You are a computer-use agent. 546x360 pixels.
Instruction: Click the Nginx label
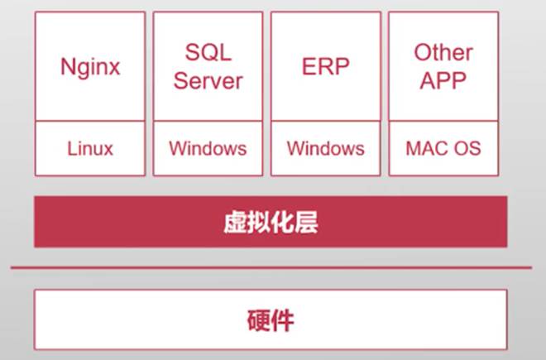click(89, 66)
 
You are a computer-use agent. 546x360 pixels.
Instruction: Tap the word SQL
click(208, 53)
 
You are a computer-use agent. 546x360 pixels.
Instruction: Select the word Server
click(208, 81)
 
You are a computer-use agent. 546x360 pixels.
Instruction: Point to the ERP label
click(325, 66)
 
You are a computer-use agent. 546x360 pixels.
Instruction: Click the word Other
click(443, 53)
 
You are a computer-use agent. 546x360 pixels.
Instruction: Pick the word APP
click(443, 81)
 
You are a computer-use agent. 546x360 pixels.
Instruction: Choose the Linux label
click(89, 149)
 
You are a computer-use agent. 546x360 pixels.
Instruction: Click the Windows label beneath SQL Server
click(208, 149)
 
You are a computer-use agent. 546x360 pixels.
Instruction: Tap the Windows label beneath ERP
click(325, 149)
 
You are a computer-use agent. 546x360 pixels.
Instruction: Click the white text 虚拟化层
click(271, 222)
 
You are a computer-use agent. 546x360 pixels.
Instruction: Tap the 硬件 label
click(271, 320)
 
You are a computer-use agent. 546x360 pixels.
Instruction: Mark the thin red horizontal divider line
click(271, 268)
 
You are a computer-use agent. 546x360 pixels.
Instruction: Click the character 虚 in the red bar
click(235, 222)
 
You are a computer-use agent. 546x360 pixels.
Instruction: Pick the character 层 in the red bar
click(307, 222)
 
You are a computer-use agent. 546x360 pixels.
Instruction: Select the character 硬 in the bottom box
click(259, 320)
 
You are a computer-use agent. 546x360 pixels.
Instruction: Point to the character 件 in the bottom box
click(283, 320)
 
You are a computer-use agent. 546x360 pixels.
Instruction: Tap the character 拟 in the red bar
click(259, 222)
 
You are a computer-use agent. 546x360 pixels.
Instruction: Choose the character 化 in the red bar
click(283, 222)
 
